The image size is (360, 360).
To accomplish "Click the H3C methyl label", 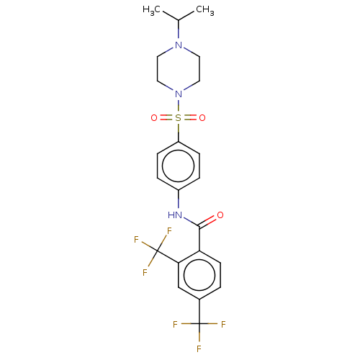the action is [x=151, y=10].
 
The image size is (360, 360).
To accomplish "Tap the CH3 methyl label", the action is [x=205, y=10].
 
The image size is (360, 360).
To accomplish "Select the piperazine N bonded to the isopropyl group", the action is [x=179, y=45].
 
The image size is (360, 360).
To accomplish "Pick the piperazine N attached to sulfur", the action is [x=179, y=94].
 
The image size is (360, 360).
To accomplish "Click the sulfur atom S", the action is [x=178, y=118].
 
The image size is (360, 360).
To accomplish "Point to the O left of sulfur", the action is [x=154, y=118].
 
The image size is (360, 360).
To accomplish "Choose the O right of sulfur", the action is [x=202, y=118].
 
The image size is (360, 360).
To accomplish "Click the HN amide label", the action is [x=175, y=215].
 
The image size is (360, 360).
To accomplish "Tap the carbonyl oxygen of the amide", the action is [x=220, y=215].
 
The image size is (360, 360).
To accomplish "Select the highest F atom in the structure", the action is [x=169, y=231].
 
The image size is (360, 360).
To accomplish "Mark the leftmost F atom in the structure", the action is [x=136, y=240].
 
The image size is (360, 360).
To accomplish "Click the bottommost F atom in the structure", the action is [x=199, y=348].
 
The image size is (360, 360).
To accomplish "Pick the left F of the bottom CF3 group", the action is [x=175, y=325].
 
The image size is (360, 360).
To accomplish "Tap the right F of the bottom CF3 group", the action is [x=223, y=325].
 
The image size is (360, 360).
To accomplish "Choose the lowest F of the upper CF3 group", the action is [x=145, y=273].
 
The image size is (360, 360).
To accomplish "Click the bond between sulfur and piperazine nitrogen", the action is [x=178, y=106].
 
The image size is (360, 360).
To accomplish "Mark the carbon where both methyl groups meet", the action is [x=179, y=20].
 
